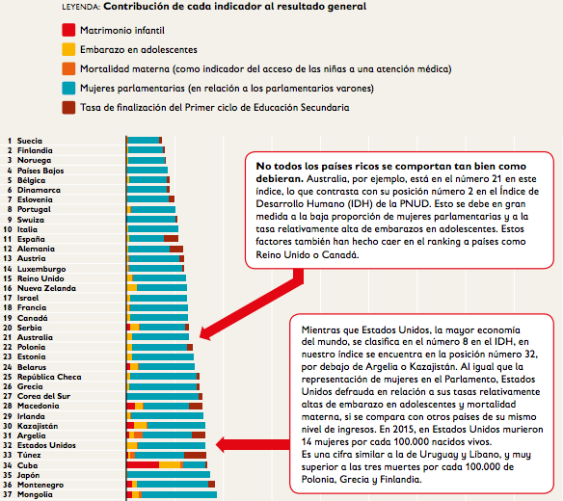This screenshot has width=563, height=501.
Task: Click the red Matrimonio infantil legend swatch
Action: pyautogui.click(x=68, y=30)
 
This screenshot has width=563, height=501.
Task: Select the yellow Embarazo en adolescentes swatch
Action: pyautogui.click(x=68, y=49)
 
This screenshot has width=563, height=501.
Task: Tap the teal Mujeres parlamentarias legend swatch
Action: pyautogui.click(x=68, y=88)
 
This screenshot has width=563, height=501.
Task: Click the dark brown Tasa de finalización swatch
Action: pyautogui.click(x=68, y=107)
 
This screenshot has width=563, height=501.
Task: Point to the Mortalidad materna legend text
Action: pyautogui.click(x=266, y=69)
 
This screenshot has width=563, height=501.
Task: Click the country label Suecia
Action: pyautogui.click(x=30, y=141)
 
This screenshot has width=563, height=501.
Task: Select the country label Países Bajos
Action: pyautogui.click(x=40, y=171)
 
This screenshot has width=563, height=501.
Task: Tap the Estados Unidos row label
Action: pyautogui.click(x=46, y=445)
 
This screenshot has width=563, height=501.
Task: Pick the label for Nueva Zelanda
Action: pyautogui.click(x=46, y=288)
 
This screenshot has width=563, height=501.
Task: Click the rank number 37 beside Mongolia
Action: pyautogui.click(x=8, y=494)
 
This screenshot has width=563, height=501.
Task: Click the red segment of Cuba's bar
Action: pyautogui.click(x=143, y=465)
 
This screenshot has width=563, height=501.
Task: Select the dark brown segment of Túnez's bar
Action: pyautogui.click(x=195, y=455)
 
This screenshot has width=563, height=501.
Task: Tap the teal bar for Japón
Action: pyautogui.click(x=169, y=475)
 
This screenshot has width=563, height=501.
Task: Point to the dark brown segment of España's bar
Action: pyautogui.click(x=171, y=239)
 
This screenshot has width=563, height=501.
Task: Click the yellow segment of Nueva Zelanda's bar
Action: pyautogui.click(x=132, y=288)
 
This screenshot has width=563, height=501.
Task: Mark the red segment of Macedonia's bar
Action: pyautogui.click(x=131, y=406)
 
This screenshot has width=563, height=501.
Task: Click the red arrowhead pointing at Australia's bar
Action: pyautogui.click(x=205, y=333)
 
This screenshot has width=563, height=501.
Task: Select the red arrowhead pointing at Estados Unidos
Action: pyautogui.click(x=221, y=445)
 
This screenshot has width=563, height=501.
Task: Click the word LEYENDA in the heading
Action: pyautogui.click(x=81, y=7)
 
